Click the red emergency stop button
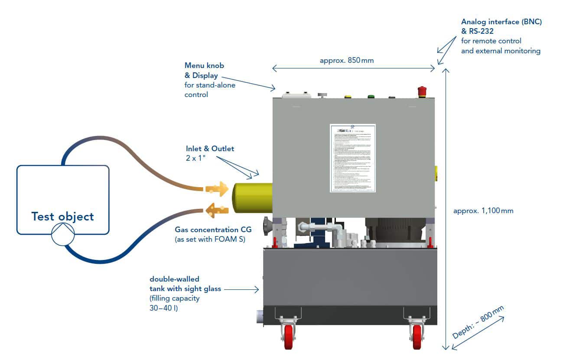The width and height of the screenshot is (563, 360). click(422, 91)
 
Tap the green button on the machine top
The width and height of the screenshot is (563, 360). click(371, 96)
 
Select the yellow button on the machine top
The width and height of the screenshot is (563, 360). click(347, 96)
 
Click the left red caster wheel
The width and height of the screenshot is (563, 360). click(288, 338)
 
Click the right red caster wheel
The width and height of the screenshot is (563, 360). click(417, 338)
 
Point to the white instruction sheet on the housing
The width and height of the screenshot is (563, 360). click(352, 158)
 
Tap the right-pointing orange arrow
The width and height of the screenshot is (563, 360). click(217, 189)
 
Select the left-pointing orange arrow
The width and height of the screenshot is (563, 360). click(217, 211)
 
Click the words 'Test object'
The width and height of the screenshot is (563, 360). click(62, 216)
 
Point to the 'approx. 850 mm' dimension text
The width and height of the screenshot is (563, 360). click(346, 61)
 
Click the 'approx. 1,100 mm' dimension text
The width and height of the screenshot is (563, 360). click(483, 211)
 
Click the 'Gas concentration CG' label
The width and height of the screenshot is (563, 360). click(213, 230)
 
